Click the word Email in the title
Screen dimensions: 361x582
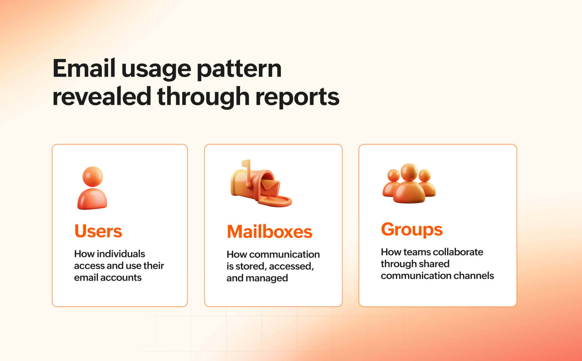tap(84, 69)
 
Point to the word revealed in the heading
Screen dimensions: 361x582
tap(102, 96)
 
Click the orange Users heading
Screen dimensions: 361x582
tap(98, 231)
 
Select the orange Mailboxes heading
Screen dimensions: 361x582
tap(269, 232)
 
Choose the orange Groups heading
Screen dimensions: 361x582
tap(411, 229)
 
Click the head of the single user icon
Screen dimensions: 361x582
tap(92, 176)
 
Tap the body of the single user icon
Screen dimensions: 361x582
tap(92, 199)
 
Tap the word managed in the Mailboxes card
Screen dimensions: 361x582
tap(266, 278)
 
